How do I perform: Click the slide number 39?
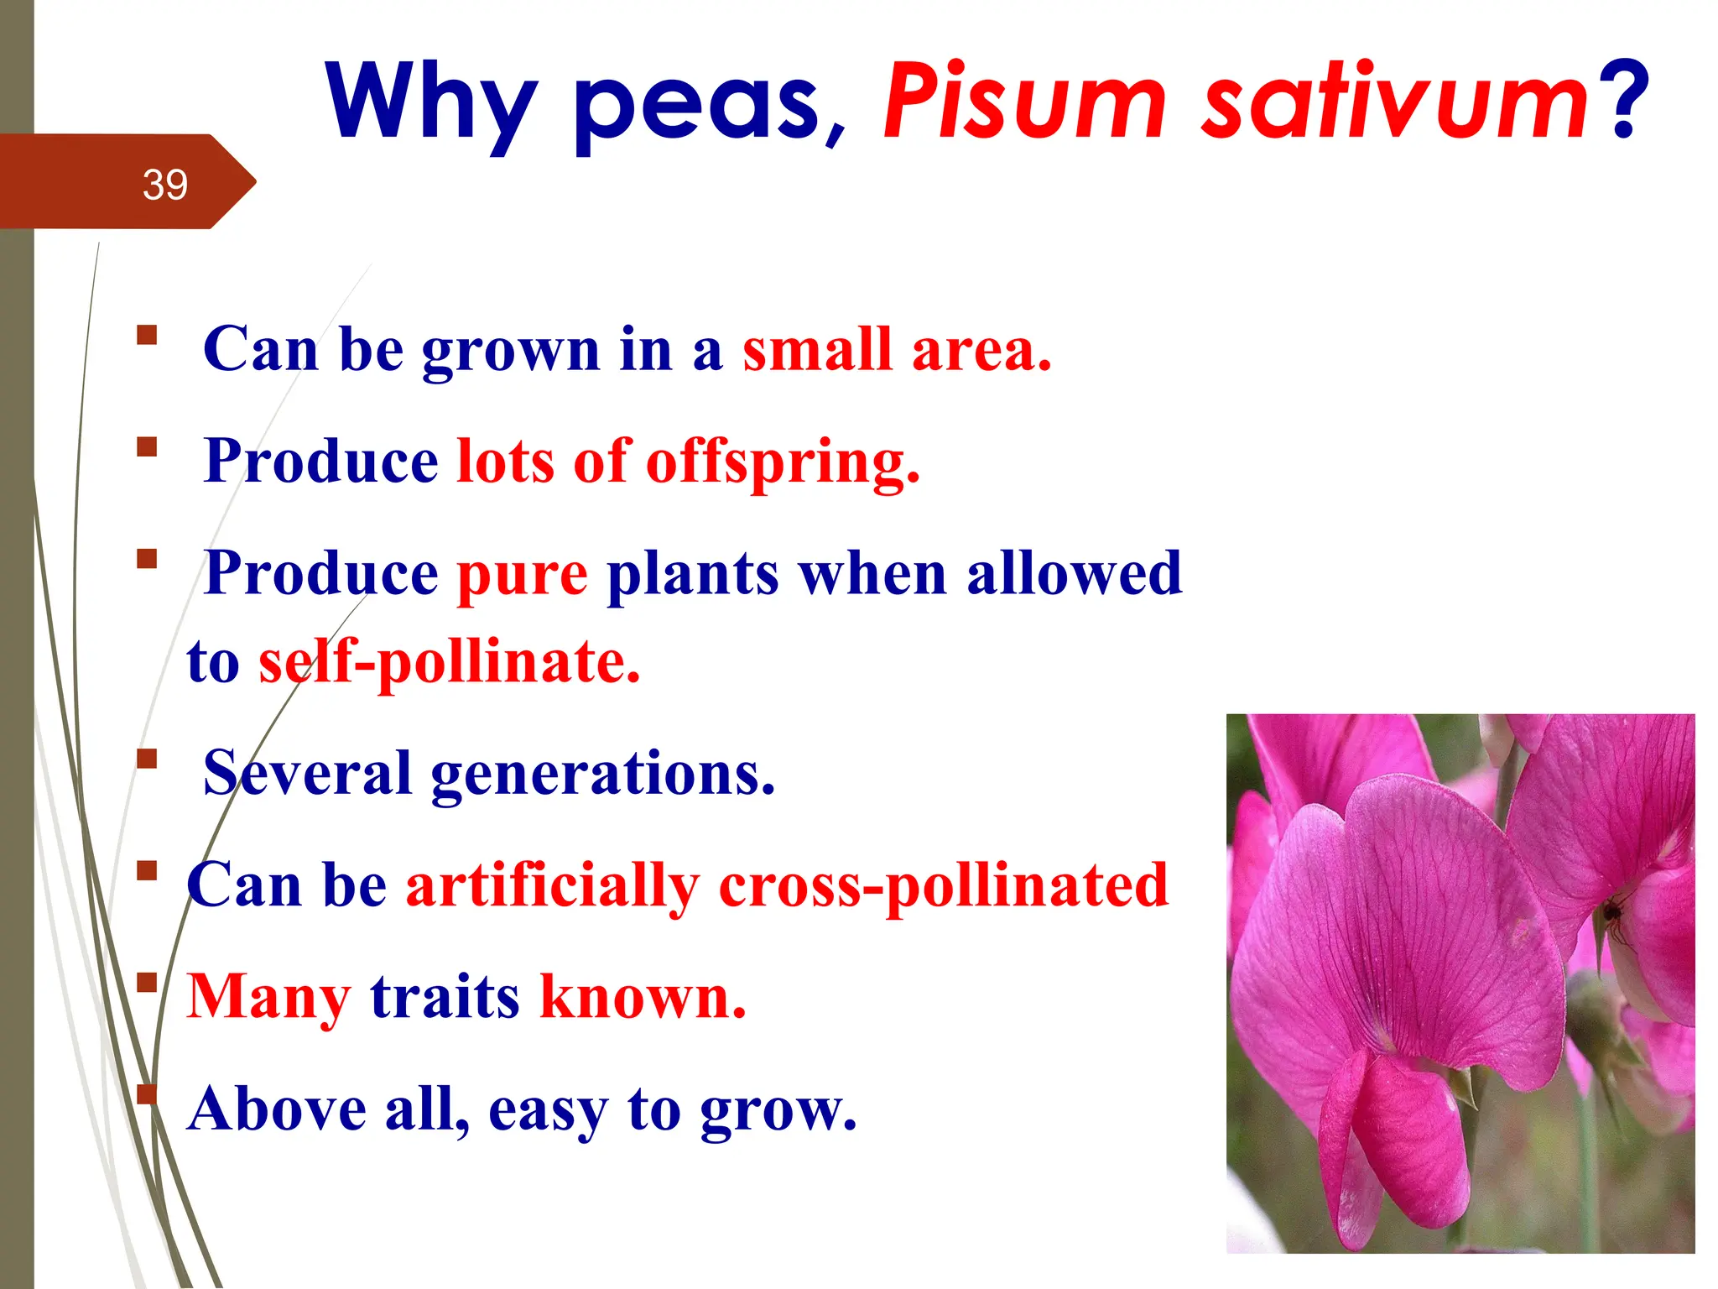[164, 185]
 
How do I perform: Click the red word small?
[816, 349]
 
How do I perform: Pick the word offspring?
[782, 462]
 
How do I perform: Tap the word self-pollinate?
[449, 663]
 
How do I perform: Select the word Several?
[307, 773]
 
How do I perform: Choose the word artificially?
[552, 886]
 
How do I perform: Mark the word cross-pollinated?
[943, 886]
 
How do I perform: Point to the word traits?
[445, 998]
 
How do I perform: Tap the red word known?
[643, 998]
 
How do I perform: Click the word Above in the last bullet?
[277, 1109]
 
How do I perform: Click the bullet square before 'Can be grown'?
[147, 336]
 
